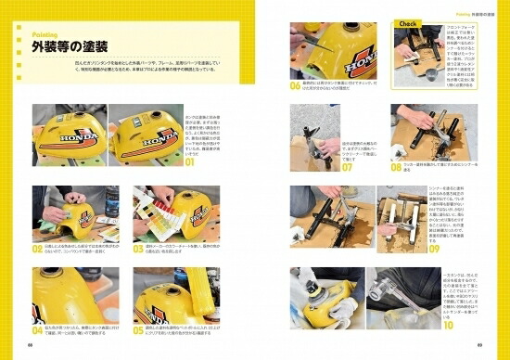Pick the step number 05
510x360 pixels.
coord(138,328)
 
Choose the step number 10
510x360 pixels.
coord(448,325)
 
